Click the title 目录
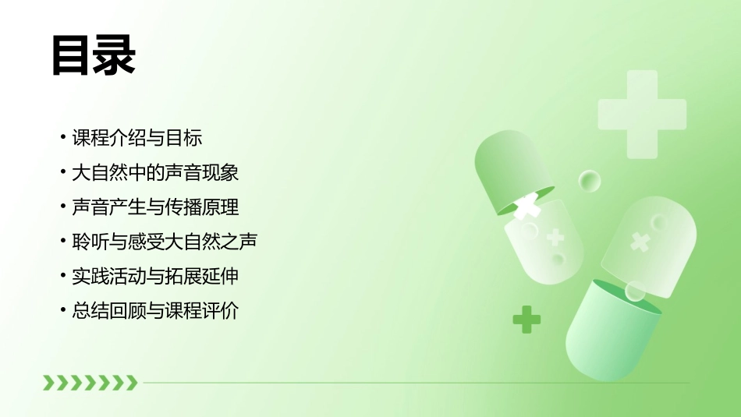(x=94, y=55)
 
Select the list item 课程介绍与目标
(x=136, y=138)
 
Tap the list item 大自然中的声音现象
(x=154, y=172)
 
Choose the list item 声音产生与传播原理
(x=154, y=207)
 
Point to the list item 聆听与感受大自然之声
(x=164, y=242)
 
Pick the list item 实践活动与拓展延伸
(x=154, y=276)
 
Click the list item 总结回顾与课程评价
(x=154, y=310)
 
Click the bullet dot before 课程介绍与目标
(x=63, y=138)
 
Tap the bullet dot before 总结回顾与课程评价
(x=63, y=310)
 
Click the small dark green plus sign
(x=526, y=319)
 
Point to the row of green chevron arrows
(x=90, y=382)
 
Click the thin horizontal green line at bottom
(x=413, y=383)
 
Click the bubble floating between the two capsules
(x=590, y=182)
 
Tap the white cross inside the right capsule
(x=640, y=242)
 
